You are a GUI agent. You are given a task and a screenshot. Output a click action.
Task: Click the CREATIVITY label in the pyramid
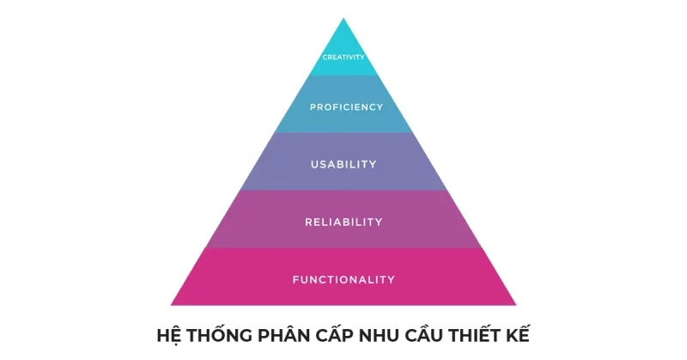[x=343, y=57]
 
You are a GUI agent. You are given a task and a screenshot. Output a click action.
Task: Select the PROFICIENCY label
[x=347, y=107]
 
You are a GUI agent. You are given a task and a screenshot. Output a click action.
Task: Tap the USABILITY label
[x=344, y=164]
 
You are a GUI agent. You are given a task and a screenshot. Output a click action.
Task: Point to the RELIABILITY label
[x=344, y=222]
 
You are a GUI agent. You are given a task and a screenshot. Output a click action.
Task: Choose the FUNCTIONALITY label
[x=344, y=279]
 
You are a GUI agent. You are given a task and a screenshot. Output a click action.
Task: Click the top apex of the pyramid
[x=343, y=18]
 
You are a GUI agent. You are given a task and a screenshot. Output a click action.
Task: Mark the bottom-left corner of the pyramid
[x=171, y=305]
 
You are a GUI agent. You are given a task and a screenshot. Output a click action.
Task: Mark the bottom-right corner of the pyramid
[x=516, y=305]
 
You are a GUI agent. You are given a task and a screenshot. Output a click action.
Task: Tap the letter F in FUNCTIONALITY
[x=295, y=279]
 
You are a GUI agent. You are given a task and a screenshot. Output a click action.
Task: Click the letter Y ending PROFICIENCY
[x=380, y=107]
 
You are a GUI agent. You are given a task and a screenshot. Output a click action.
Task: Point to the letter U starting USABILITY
[x=314, y=164]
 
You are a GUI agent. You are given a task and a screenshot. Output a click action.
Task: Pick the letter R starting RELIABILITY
[x=308, y=222]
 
